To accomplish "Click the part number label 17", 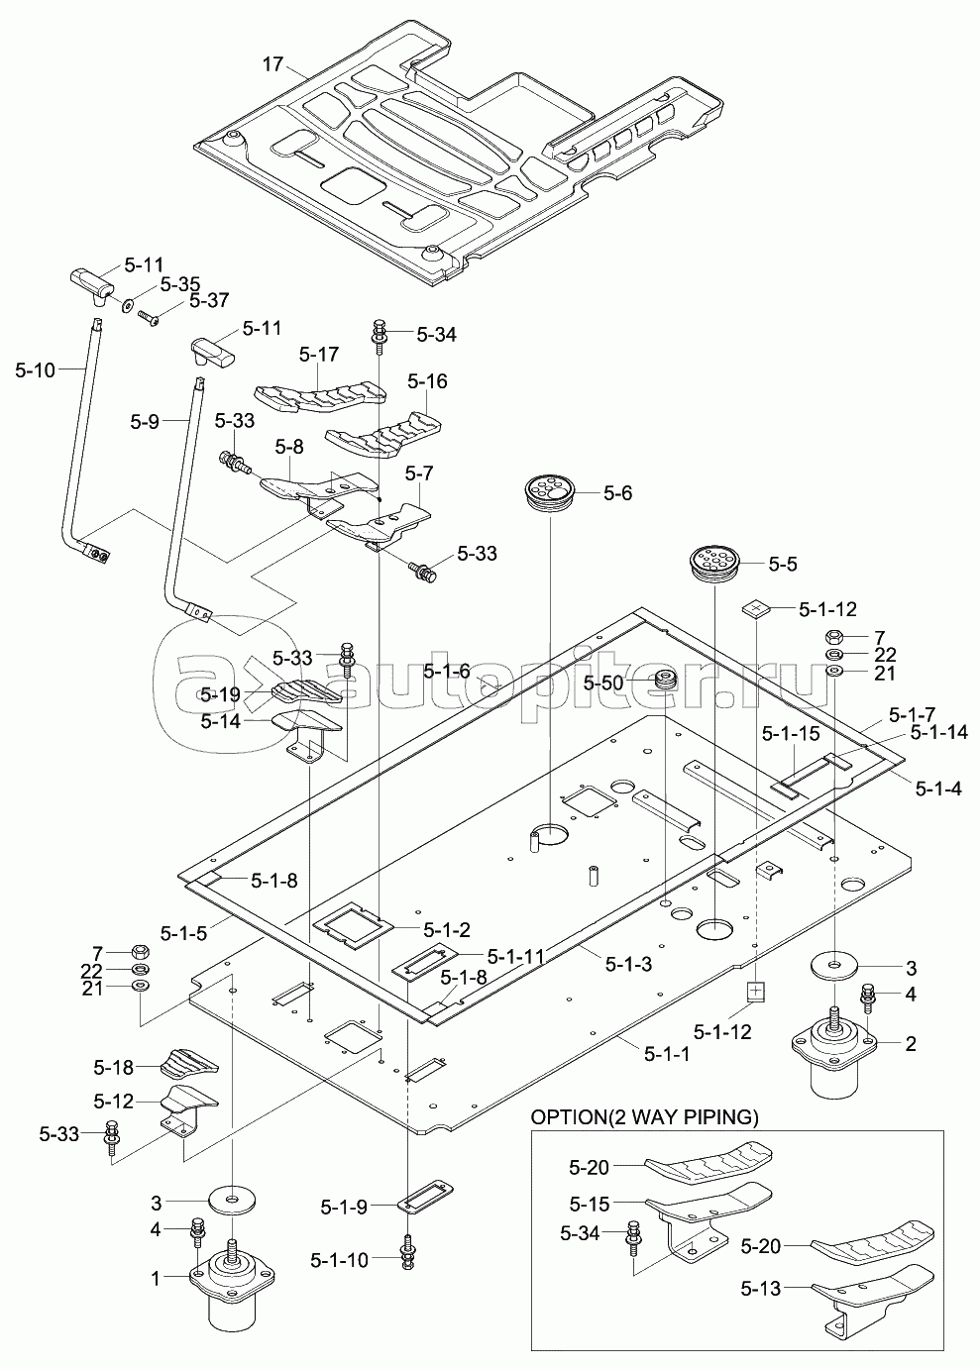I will [x=272, y=64].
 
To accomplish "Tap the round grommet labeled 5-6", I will [x=547, y=491].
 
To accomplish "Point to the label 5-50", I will [x=603, y=683].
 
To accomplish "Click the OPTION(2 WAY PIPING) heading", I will [x=645, y=1117].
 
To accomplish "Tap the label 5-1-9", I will [x=344, y=1206].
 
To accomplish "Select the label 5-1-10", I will [x=339, y=1259].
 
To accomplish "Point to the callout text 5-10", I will [x=35, y=370].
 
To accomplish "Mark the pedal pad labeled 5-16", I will [x=381, y=433].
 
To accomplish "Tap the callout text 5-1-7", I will [x=911, y=713].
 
